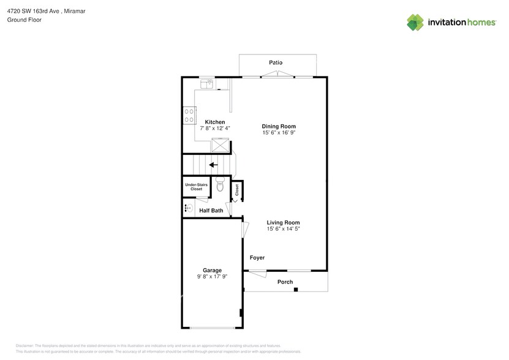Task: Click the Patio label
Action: (x=276, y=63)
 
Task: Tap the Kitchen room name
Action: (x=214, y=122)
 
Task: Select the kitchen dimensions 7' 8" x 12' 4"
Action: (x=215, y=129)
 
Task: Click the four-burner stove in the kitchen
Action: (x=189, y=115)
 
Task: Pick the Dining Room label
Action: (x=279, y=126)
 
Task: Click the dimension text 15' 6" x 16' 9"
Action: (x=279, y=133)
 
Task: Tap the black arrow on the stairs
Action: (x=213, y=165)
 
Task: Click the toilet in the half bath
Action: (x=221, y=187)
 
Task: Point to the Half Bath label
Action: (x=211, y=211)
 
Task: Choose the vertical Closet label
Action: (x=237, y=190)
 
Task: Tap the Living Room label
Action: (x=283, y=222)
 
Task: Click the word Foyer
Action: (x=257, y=258)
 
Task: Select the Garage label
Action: (x=212, y=270)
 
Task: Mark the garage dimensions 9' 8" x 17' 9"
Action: (x=212, y=277)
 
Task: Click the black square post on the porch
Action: (x=295, y=289)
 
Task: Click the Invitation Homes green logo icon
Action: (x=415, y=22)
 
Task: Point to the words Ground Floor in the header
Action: (x=24, y=20)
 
